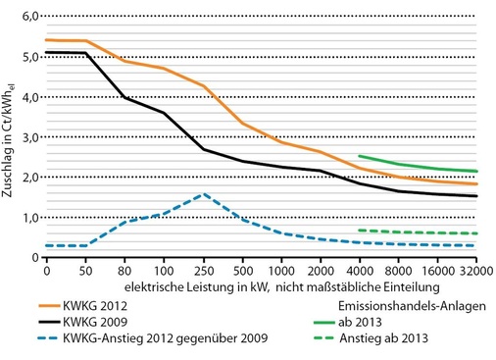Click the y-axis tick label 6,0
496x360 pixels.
pos(31,17)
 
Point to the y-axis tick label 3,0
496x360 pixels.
pos(31,137)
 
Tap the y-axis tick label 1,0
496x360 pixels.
pos(31,218)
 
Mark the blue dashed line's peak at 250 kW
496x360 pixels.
pos(204,194)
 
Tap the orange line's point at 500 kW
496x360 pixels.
pos(243,124)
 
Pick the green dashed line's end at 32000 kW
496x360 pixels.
pos(477,233)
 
